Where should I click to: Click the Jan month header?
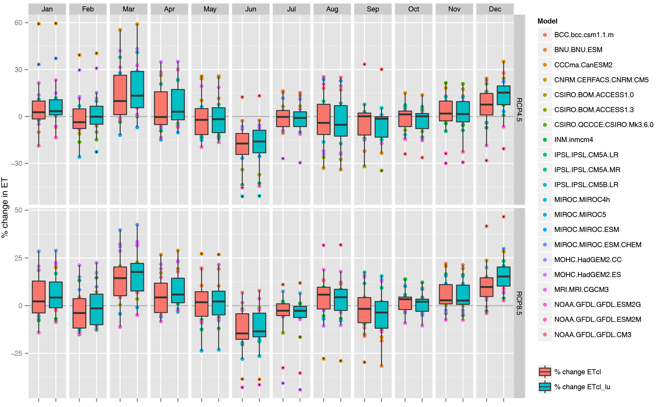point(47,9)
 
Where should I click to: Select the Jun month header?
point(251,9)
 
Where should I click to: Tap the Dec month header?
point(495,9)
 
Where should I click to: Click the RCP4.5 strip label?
point(519,110)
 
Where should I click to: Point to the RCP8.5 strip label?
point(519,303)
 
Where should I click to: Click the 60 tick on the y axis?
point(18,23)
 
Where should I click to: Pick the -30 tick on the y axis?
point(17,163)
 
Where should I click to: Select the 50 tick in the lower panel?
point(18,210)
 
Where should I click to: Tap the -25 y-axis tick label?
point(17,353)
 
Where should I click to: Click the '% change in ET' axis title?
point(5,208)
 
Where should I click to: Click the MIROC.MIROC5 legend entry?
point(580,214)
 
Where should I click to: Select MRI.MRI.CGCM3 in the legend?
point(581,289)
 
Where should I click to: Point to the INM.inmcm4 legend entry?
point(573,139)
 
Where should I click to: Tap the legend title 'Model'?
point(547,21)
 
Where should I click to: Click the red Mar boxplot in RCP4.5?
point(120,95)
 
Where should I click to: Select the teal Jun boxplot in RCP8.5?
point(259,325)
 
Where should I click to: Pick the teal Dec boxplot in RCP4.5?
point(504,95)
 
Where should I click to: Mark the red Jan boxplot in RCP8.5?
point(39,297)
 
